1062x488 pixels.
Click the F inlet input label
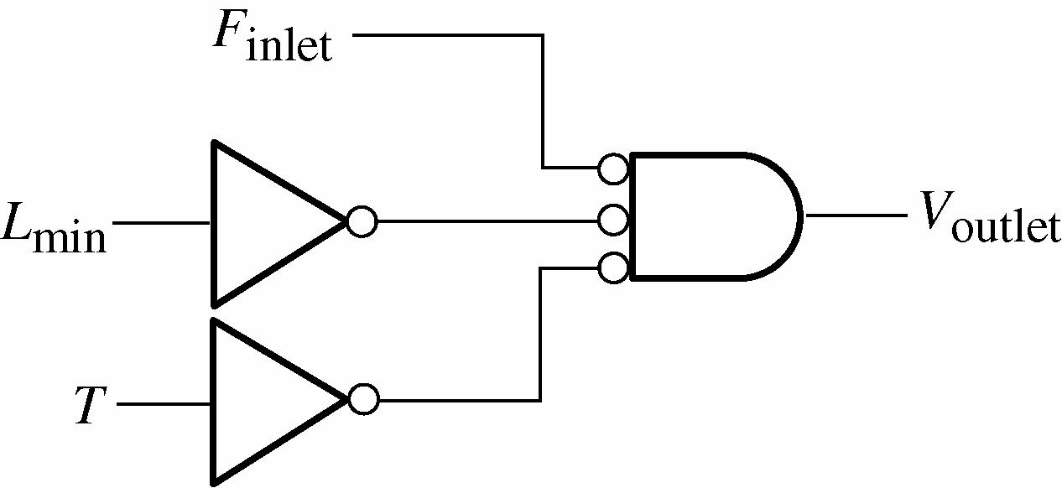pyautogui.click(x=271, y=37)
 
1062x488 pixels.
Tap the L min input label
pyautogui.click(x=55, y=226)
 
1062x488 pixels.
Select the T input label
pyautogui.click(x=89, y=405)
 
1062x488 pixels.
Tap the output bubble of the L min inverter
pyautogui.click(x=362, y=222)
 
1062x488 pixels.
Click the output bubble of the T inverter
pyautogui.click(x=362, y=399)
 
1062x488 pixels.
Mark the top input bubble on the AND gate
pyautogui.click(x=613, y=169)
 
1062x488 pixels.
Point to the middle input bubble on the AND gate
pyautogui.click(x=613, y=221)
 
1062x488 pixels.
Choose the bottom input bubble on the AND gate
pyautogui.click(x=613, y=268)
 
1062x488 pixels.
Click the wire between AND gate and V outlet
pyautogui.click(x=855, y=215)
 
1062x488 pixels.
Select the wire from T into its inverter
pyautogui.click(x=164, y=403)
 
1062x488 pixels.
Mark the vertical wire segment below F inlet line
pyautogui.click(x=543, y=101)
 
